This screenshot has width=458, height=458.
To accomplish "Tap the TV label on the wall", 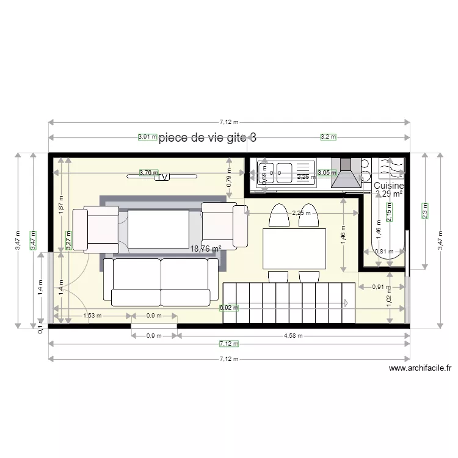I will pos(162,176).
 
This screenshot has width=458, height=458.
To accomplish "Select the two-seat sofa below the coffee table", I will pos(161,282).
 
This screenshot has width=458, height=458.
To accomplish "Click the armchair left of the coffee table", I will pos(96,229).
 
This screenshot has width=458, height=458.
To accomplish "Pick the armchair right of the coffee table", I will pos(224,222).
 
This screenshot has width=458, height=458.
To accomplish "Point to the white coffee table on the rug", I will pos(159,228).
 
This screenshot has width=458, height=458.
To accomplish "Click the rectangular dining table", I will pos(294,248).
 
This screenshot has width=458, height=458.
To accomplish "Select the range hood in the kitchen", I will pos(346,173).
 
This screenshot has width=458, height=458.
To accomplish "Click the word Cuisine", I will pos(388,186).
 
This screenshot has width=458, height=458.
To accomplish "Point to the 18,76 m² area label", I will pos(205,249).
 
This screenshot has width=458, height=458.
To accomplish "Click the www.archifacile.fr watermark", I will pos(420,368).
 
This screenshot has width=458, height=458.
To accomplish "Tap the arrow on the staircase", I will pos(346,302).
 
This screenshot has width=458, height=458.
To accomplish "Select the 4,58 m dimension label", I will pos(293,335).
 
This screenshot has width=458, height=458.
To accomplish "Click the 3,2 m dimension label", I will pos(328,137).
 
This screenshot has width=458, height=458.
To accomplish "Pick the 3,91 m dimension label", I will pos(147,137).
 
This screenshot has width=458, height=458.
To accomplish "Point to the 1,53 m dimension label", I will pos(92,316).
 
